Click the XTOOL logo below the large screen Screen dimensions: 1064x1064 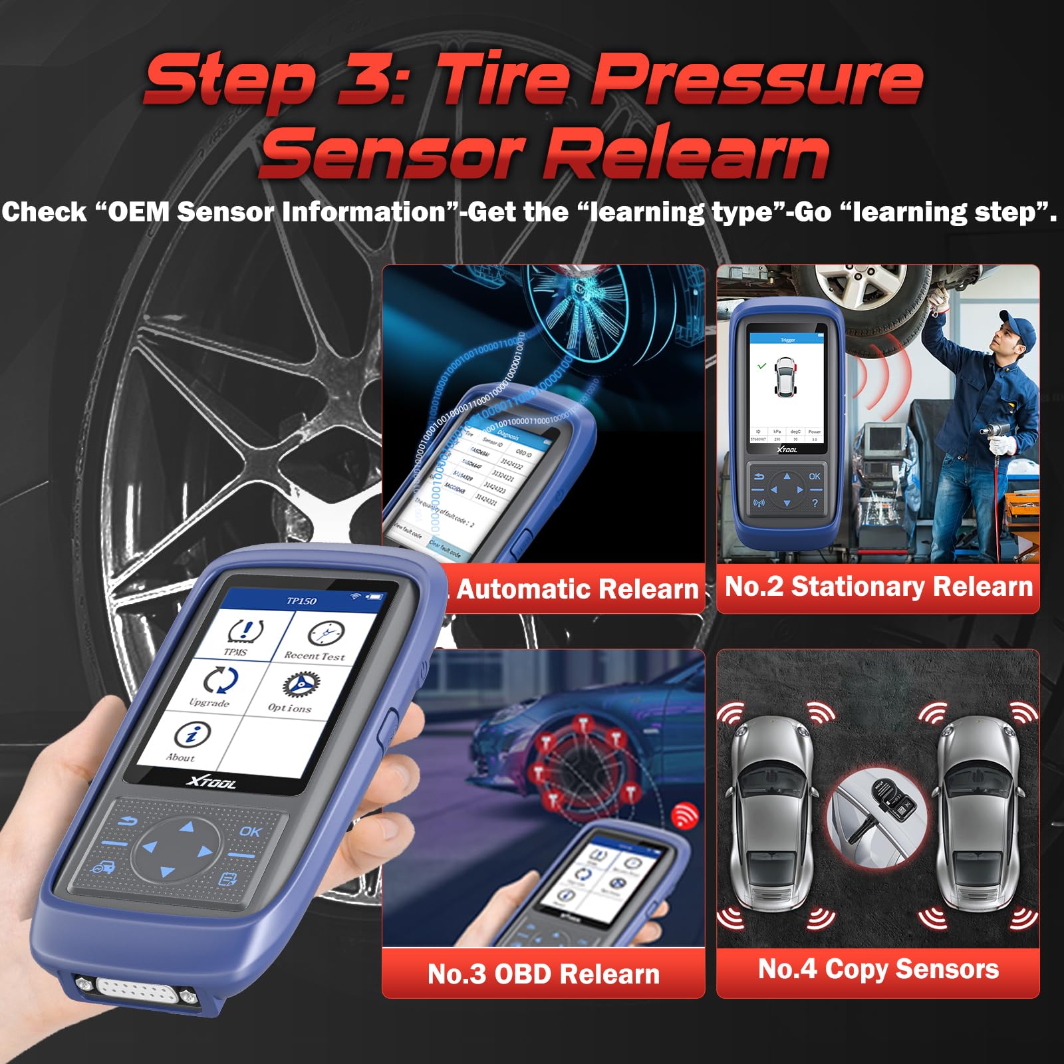211,782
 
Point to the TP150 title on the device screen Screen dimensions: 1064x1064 301,600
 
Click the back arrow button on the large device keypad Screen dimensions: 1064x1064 127,822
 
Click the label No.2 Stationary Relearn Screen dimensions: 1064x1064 878,587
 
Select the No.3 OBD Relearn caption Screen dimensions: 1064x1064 543,974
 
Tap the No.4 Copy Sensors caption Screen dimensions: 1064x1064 878,969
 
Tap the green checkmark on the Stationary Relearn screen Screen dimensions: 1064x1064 762,366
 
